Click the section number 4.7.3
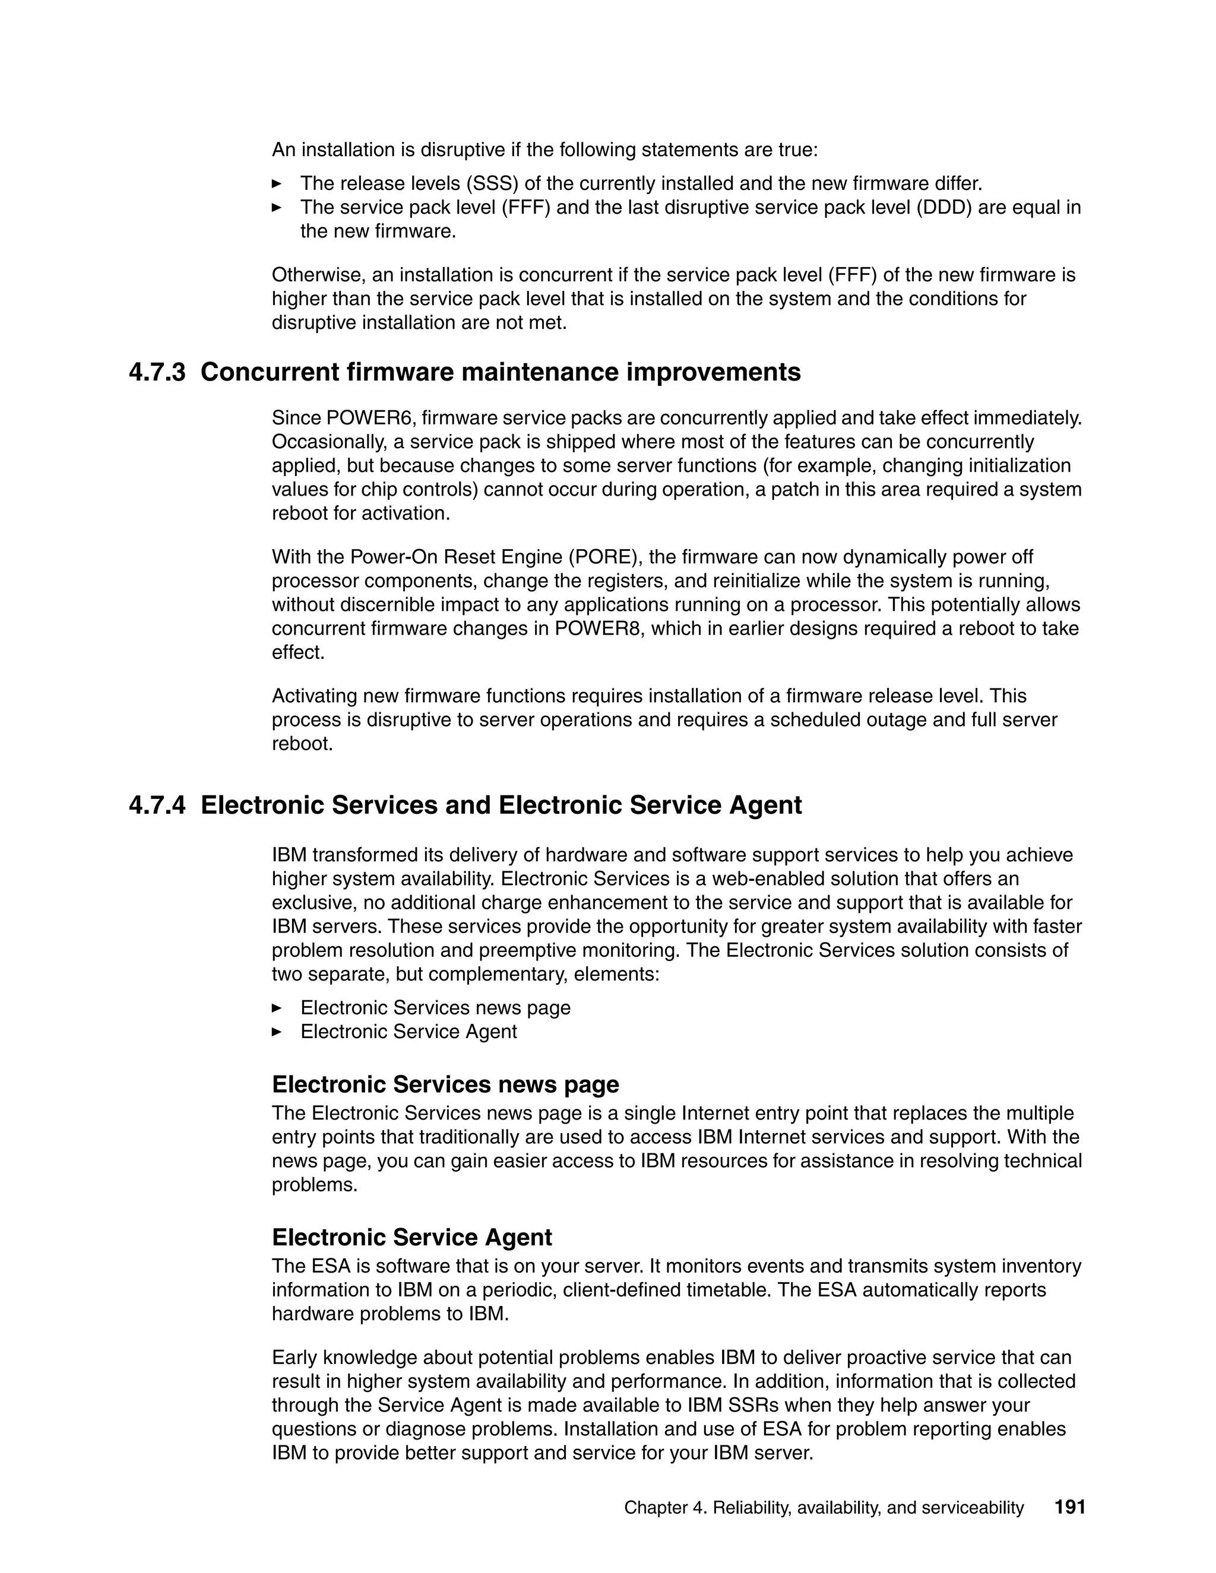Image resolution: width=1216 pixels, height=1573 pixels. [x=156, y=372]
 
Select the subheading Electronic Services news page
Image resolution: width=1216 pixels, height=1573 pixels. [x=445, y=1084]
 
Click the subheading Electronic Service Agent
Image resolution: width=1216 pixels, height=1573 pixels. [x=411, y=1236]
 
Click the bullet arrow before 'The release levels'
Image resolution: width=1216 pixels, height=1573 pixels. [x=276, y=183]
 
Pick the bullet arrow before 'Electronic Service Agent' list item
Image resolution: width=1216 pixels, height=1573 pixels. [x=276, y=1032]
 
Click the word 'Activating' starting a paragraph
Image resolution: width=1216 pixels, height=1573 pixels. [x=315, y=696]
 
